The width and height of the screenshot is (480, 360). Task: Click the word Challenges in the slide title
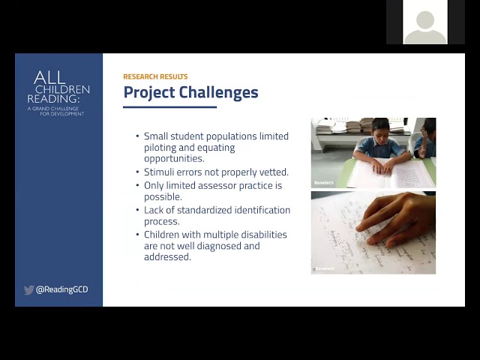pos(218,92)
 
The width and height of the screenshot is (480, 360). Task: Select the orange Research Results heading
pos(155,76)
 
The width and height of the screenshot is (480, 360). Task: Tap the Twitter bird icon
pos(28,289)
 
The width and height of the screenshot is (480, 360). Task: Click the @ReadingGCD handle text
pos(61,289)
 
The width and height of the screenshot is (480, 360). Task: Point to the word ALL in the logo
pos(49,78)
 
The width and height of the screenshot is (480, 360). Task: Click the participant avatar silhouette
pos(425,27)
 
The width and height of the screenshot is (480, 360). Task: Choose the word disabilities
pos(264,235)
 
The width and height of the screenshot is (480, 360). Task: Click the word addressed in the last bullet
pos(167,256)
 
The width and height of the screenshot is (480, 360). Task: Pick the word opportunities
pos(174,159)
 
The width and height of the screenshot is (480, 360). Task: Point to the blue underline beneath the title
pos(170,107)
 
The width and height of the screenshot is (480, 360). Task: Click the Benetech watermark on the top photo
pos(324,183)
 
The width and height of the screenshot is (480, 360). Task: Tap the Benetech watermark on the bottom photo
pos(325,268)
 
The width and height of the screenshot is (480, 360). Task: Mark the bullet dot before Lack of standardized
pos(137,210)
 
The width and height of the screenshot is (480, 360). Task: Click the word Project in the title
pos(149,92)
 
